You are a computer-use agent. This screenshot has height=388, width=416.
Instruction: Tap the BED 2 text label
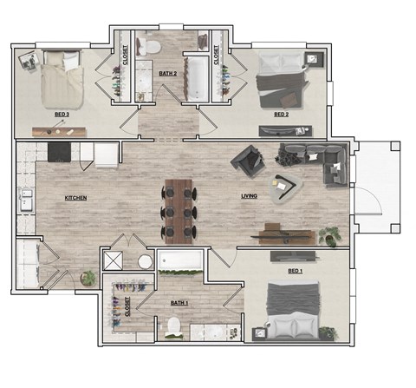(281, 115)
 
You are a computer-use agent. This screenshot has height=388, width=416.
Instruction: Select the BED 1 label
(296, 271)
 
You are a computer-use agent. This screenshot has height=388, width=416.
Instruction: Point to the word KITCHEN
(76, 198)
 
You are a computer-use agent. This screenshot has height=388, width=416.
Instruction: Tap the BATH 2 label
(168, 74)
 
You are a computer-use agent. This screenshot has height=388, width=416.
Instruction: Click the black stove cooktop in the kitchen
(59, 153)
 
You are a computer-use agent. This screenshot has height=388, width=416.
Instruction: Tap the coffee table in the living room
(283, 185)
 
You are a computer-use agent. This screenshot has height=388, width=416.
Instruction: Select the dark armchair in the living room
(247, 160)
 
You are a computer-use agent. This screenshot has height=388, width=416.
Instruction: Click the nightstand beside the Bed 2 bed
(312, 59)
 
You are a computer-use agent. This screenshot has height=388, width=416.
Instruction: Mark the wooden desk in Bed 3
(58, 131)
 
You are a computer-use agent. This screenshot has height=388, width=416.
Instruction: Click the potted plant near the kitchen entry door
(88, 278)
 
